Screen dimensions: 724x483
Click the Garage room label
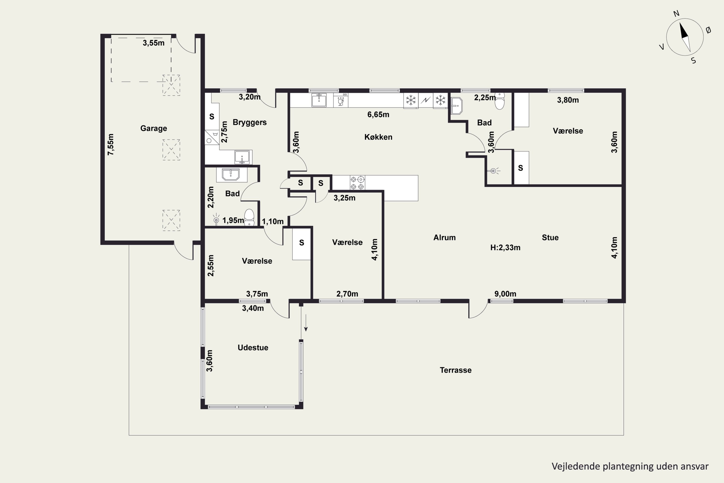(x=153, y=128)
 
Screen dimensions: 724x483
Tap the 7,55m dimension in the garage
(x=111, y=144)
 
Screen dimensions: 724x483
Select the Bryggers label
(x=250, y=122)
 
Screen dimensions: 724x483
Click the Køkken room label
(x=378, y=137)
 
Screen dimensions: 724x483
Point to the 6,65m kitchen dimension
(x=378, y=114)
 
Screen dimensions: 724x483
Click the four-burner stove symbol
(x=357, y=183)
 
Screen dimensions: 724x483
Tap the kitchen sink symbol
(x=319, y=100)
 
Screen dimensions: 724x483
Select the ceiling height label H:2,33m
(x=505, y=248)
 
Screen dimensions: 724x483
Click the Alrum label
(x=445, y=237)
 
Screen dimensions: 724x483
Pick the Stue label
(x=550, y=237)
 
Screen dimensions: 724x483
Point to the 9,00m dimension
(x=505, y=294)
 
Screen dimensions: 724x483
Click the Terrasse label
(x=456, y=370)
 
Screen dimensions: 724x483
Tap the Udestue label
(x=253, y=348)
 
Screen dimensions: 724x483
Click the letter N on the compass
(x=676, y=14)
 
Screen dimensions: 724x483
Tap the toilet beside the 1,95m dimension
(x=249, y=218)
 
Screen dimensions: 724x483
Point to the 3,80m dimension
(x=568, y=100)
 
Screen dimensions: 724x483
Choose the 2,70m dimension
(x=347, y=294)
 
